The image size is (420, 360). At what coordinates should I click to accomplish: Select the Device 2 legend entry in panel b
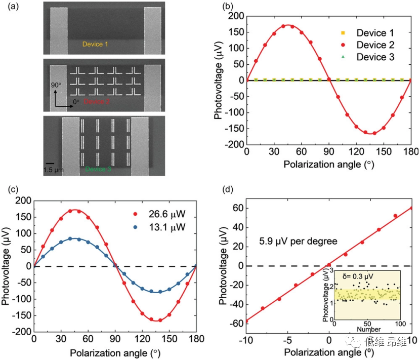click(375, 45)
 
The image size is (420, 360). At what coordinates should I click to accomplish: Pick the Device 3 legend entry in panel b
click(375, 57)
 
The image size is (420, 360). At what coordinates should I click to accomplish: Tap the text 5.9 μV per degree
click(299, 242)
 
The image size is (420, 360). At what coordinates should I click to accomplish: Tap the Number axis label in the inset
click(368, 329)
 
